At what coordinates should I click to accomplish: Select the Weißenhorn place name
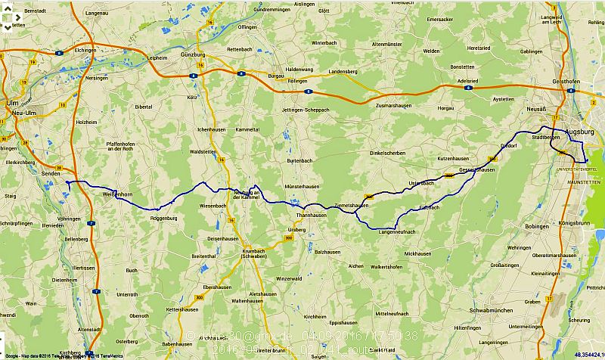[x=117, y=194]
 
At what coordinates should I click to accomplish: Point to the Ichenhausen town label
[x=213, y=130]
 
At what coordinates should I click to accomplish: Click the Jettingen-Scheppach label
[x=306, y=110]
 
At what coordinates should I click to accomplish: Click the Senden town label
[x=51, y=174]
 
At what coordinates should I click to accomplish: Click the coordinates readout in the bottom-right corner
[x=588, y=354]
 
